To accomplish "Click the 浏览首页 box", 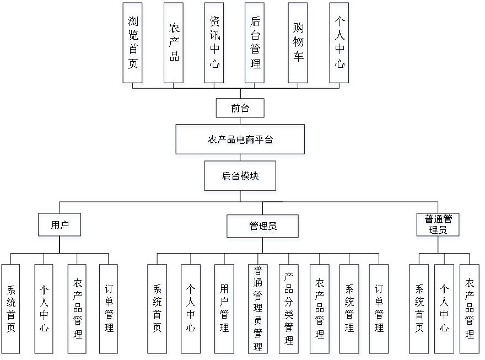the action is click(133, 45).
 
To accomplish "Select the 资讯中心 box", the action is click(215, 45).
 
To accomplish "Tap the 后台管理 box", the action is click(256, 45).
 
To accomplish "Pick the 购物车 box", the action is click(298, 45).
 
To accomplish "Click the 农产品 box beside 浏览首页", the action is click(174, 45).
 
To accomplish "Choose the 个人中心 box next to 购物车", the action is click(339, 45).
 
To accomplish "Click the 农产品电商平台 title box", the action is click(240, 141).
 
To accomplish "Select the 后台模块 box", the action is click(241, 178).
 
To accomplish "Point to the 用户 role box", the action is click(60, 227).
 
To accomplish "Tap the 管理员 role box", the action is click(263, 228).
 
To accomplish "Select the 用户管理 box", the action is click(224, 310).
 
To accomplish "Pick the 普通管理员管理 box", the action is click(257, 310).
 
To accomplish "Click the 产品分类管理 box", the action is click(288, 310).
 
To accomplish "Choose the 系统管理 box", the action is click(349, 310).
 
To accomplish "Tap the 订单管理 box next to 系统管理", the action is click(379, 310).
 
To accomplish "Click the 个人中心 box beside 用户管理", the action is click(191, 310).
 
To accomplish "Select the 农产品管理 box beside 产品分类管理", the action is click(320, 310).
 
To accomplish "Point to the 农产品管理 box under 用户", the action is click(78, 310).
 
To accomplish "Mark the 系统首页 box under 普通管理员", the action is click(419, 310).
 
